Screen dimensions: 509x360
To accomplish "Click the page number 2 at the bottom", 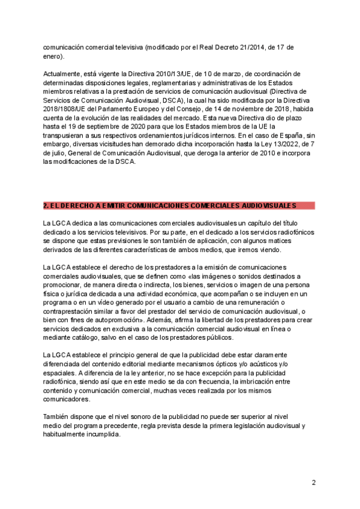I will point(313,482).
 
